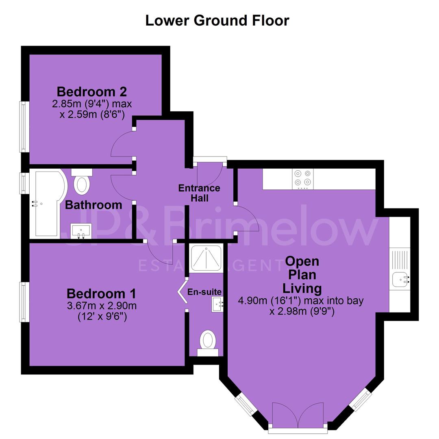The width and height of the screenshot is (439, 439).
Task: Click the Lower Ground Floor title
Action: pyautogui.click(x=217, y=20)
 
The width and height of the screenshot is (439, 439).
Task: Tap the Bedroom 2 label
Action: pyautogui.click(x=92, y=91)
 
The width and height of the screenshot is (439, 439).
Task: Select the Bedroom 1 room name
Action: pyautogui.click(x=101, y=294)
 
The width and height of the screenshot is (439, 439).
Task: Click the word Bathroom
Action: pyautogui.click(x=93, y=205)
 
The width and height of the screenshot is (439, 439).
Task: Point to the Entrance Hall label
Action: pyautogui.click(x=199, y=193)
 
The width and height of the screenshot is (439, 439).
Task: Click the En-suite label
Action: pyautogui.click(x=204, y=292)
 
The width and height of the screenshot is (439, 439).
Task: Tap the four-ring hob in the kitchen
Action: pyautogui.click(x=303, y=179)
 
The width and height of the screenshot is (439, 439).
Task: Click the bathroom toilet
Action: pyautogui.click(x=82, y=181)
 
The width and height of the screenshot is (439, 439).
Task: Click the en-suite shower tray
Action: pyautogui.click(x=206, y=258)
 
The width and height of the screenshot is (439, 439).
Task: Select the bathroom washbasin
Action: pyautogui.click(x=81, y=231)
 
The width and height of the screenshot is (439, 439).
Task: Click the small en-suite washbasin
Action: pyautogui.click(x=217, y=305)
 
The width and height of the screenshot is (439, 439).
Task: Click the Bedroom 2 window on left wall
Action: pyautogui.click(x=24, y=127)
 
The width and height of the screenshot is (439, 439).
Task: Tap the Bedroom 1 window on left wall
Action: pyautogui.click(x=24, y=302)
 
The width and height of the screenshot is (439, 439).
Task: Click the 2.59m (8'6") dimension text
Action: pyautogui.click(x=92, y=115)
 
